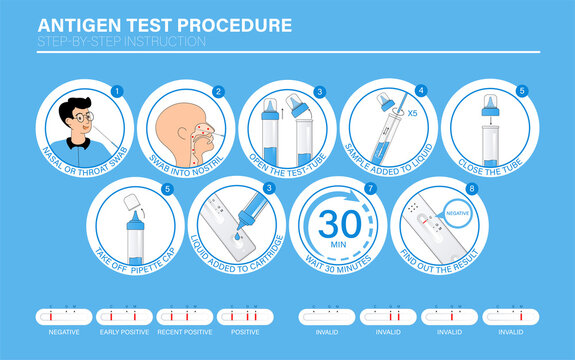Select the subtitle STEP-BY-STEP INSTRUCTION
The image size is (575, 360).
point(121,41)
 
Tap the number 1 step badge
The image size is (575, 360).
point(116,91)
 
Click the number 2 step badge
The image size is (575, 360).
point(217,91)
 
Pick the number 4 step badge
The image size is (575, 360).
point(420,91)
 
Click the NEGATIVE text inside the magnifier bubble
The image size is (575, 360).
point(459,213)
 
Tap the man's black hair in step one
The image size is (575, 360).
point(73,104)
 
